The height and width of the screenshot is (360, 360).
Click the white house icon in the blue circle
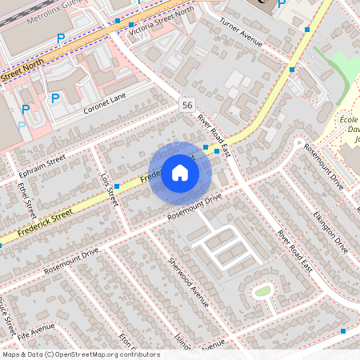[x=180, y=173]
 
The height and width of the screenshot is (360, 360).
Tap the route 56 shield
[x=186, y=106]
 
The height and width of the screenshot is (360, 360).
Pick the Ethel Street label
[x=26, y=200]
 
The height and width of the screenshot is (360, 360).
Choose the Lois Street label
[x=109, y=190]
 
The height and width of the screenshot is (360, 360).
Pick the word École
[x=348, y=118]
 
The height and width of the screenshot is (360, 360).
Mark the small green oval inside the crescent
[x=262, y=290]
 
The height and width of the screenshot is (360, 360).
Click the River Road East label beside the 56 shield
[x=214, y=134]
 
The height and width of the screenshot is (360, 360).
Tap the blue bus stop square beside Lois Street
[x=117, y=186]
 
